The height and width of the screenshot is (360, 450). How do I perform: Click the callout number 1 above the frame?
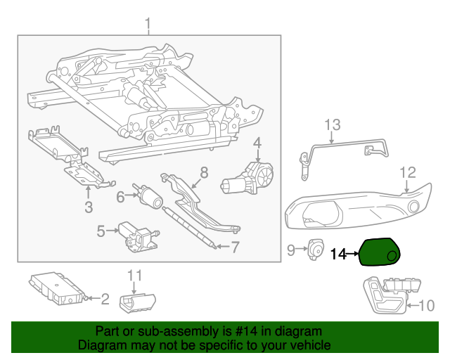[148, 26]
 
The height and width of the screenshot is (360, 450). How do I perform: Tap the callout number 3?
[89, 206]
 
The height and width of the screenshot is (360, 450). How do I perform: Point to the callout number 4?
[257, 143]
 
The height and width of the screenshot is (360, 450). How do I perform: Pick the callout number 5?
[101, 230]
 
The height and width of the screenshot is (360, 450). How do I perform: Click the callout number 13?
[120, 198]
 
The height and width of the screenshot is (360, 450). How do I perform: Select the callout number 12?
[236, 246]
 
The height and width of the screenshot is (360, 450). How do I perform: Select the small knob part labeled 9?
[315, 249]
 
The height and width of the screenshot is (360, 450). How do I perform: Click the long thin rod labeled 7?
[188, 224]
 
